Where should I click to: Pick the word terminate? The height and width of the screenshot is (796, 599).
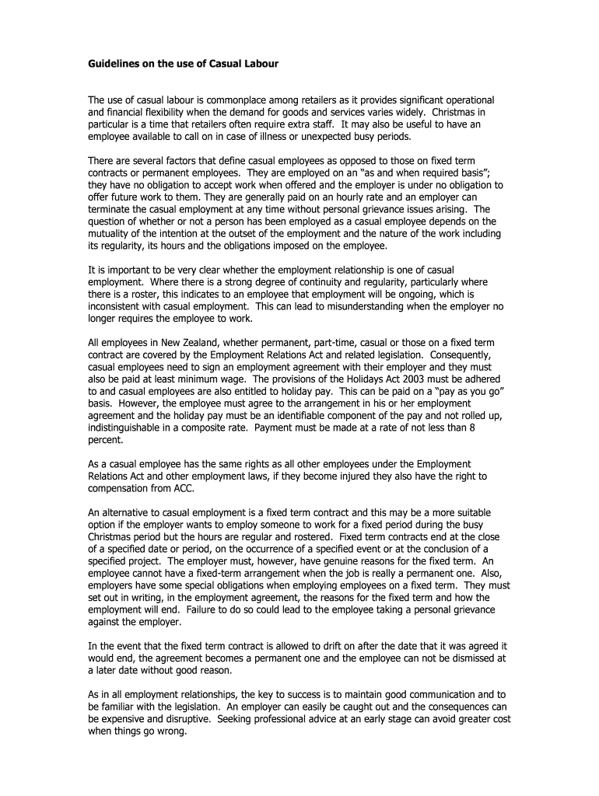[110, 209]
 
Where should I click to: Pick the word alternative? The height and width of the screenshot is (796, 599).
[128, 513]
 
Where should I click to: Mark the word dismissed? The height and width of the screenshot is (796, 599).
[464, 658]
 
